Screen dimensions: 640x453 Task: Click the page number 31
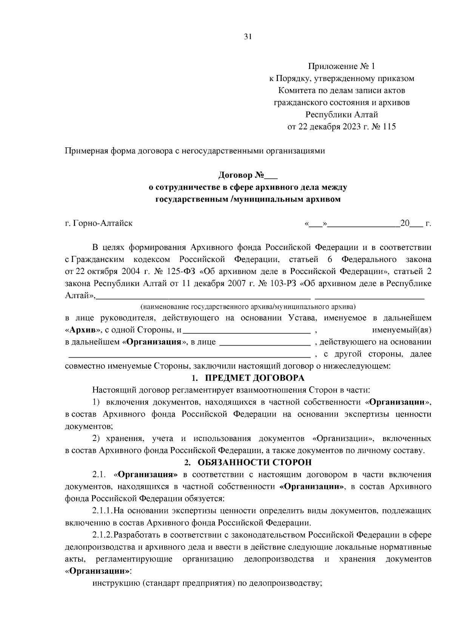coord(248,37)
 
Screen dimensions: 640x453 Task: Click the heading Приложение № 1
coord(342,67)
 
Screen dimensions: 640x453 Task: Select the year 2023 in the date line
coord(352,127)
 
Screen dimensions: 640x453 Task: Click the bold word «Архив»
coord(82,330)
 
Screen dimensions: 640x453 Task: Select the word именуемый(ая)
coord(402,330)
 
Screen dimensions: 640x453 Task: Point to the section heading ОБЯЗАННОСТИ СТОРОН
coord(255,462)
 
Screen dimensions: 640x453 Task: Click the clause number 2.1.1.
coord(103,511)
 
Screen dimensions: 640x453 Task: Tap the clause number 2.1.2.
coord(103,535)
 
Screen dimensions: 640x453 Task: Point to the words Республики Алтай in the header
coord(342,115)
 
